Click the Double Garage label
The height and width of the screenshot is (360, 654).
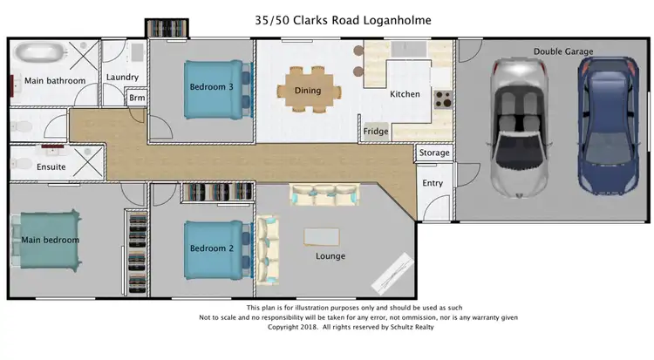click(x=563, y=51)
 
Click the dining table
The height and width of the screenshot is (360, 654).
click(x=307, y=90)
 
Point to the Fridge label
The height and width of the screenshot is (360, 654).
click(x=376, y=132)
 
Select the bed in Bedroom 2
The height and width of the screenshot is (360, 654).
click(x=215, y=248)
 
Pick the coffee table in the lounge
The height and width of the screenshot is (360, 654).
click(x=323, y=236)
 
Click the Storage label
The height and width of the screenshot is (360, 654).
click(x=434, y=153)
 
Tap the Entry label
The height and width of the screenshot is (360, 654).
click(x=433, y=183)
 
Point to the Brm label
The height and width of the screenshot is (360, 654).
click(x=137, y=98)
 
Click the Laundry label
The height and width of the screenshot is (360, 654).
click(x=122, y=78)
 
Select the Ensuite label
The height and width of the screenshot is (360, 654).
click(x=51, y=166)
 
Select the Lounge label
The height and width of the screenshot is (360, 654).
click(x=330, y=256)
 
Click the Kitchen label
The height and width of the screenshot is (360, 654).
click(x=405, y=94)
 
